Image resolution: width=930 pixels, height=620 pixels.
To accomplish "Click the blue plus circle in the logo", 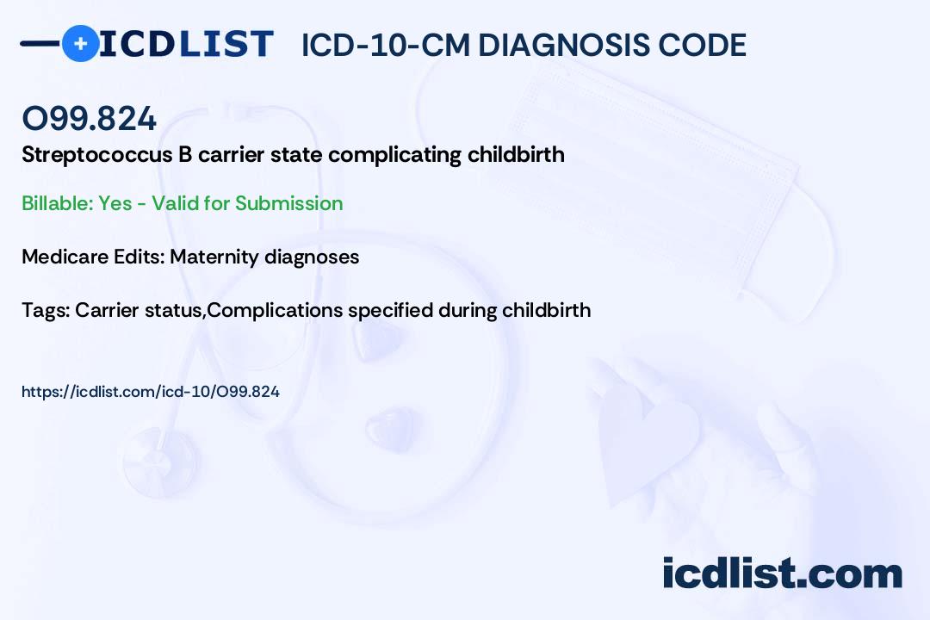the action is pos(80,43).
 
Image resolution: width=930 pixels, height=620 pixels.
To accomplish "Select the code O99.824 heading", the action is pos(89,118).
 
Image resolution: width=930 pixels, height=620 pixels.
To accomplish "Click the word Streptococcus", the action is pos(97,155).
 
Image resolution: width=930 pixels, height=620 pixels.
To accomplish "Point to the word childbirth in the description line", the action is pos(516,154).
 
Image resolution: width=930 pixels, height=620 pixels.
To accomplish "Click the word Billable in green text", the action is pos(58,203).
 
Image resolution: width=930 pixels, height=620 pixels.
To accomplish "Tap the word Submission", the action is pos(288,203).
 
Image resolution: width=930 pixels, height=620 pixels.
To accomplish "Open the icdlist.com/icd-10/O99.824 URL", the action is pos(151,392).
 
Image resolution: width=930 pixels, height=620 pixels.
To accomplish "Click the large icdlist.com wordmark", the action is pos(782,573).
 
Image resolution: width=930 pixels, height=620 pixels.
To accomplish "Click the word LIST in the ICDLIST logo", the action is pos(226,45).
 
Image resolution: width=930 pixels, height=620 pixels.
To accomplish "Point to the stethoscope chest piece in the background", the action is pos(160,462).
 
